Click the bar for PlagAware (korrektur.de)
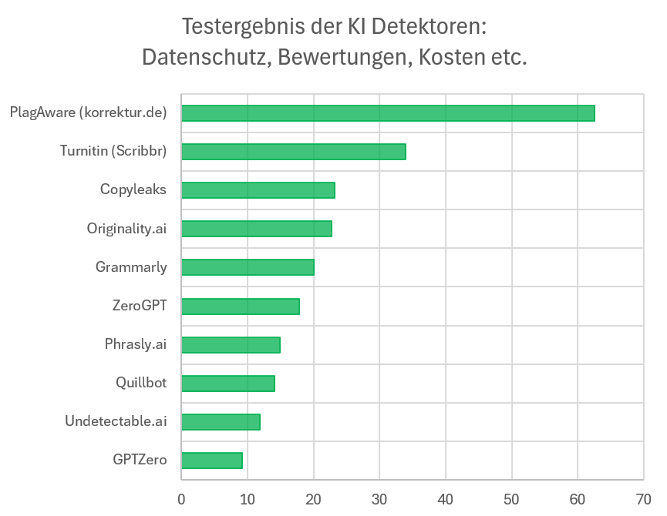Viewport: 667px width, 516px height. point(388,113)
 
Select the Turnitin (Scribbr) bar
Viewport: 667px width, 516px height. point(294,152)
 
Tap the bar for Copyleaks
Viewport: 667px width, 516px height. point(258,190)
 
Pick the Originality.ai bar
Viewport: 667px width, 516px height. point(257,229)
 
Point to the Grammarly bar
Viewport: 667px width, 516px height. point(248,267)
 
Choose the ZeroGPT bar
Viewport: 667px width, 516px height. point(241,306)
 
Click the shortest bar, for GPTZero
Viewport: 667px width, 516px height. point(212,460)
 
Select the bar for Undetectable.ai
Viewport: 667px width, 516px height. point(221,421)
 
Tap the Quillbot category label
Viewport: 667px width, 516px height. point(141,383)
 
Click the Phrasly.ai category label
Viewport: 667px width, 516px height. point(136,344)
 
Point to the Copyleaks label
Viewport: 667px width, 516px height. point(133,189)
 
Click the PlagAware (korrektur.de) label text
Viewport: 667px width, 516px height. point(88,112)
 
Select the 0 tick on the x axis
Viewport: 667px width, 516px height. point(181,499)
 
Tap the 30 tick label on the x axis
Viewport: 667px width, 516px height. point(379,499)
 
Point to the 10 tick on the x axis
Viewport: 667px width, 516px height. point(247,499)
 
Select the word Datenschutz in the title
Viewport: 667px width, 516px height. point(204,58)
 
